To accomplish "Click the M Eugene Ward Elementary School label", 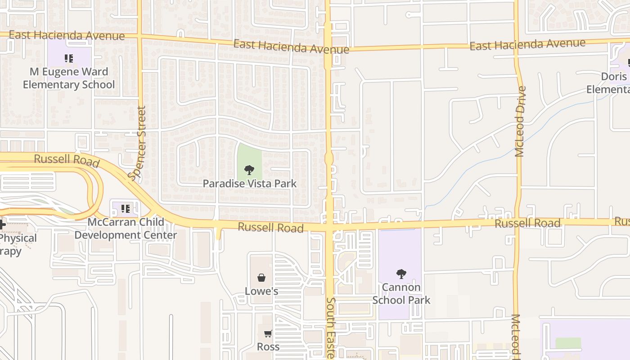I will (x=69, y=78).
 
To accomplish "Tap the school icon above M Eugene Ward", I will (x=69, y=58).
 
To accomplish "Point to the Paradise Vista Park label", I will (x=249, y=184).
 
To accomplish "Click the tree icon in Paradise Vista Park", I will (x=249, y=170).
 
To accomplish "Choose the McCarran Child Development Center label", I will (x=126, y=229).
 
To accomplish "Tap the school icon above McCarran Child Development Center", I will (x=126, y=208).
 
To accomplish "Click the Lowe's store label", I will (x=261, y=291).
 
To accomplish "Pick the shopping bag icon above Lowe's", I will (x=261, y=278).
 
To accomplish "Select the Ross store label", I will (x=268, y=347).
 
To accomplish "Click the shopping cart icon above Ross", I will (x=268, y=333).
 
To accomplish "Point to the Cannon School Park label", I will (x=401, y=293).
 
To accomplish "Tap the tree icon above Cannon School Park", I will (x=401, y=274).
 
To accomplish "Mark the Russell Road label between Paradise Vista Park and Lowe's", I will (x=270, y=227).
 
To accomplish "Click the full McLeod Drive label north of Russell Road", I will (x=521, y=121).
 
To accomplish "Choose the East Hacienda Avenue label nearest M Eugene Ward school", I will (x=67, y=35).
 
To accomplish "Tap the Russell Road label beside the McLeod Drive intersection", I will (x=527, y=223).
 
